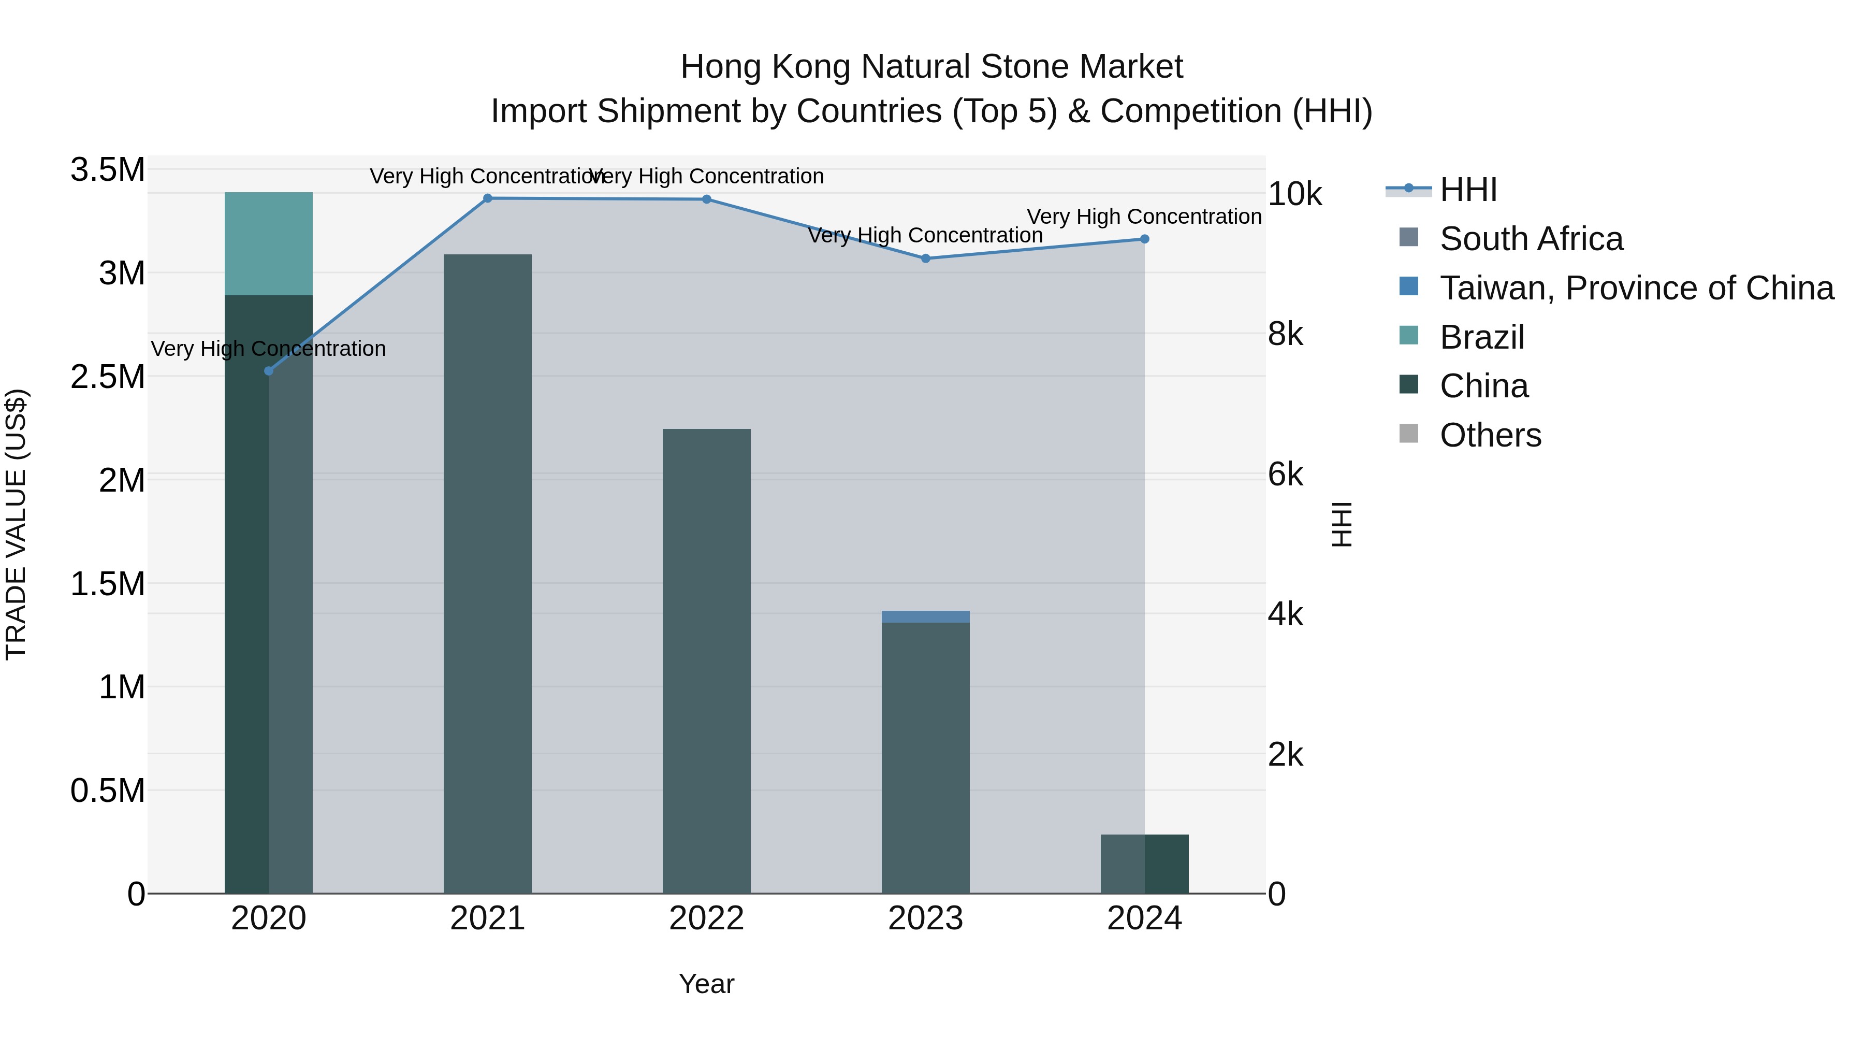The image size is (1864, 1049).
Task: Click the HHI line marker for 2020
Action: coord(268,371)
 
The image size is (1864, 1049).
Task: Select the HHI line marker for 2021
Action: coord(488,198)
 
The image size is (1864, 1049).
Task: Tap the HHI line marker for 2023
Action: coord(925,258)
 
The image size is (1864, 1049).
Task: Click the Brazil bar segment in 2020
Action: coord(268,243)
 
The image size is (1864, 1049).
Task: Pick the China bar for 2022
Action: coord(706,660)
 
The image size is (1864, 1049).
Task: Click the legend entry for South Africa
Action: coord(1531,239)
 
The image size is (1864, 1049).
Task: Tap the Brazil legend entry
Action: coord(1482,337)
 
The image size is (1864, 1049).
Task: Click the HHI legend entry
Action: coord(1468,190)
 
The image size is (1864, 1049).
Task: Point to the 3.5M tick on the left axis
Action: coord(108,170)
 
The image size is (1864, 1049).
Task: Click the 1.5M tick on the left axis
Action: coord(108,583)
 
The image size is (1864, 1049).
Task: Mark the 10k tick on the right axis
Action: coord(1294,194)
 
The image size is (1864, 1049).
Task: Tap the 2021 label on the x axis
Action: coord(488,918)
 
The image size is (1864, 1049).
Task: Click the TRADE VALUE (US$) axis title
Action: coord(16,524)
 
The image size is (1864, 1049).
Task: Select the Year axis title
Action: coord(706,984)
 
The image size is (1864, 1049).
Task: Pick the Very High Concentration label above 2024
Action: coord(1144,217)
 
